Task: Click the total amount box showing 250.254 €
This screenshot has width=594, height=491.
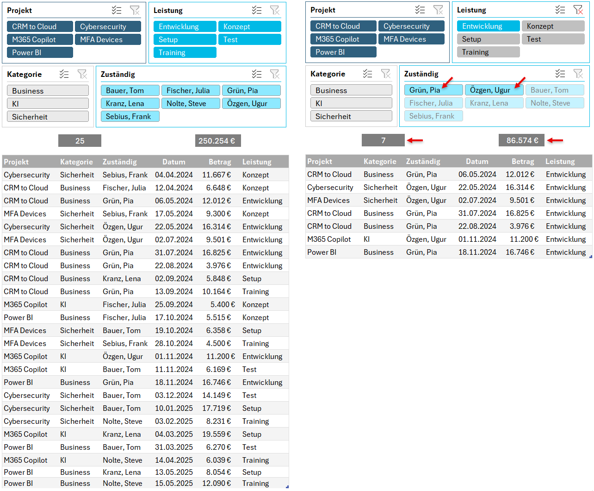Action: point(217,141)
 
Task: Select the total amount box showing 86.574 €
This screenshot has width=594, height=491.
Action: point(521,140)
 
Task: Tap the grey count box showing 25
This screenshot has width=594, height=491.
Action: point(80,141)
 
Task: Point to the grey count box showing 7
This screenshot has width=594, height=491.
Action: point(383,140)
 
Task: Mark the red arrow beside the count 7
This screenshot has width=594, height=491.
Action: point(415,140)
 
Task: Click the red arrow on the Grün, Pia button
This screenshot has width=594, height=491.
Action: point(447,82)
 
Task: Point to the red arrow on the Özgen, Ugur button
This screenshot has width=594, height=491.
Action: point(520,82)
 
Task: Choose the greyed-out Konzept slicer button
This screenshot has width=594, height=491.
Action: point(553,26)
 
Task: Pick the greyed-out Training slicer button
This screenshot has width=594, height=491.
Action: point(488,52)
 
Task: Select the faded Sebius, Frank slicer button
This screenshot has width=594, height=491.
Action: point(433,116)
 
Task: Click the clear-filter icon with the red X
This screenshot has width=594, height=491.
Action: point(578,10)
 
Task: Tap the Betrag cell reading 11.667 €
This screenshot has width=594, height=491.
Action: point(216,175)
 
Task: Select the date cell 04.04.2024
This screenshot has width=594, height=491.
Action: point(174,175)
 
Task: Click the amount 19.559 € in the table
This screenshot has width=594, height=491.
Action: point(216,434)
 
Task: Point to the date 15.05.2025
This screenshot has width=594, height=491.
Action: point(174,483)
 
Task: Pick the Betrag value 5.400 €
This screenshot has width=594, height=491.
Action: point(223,304)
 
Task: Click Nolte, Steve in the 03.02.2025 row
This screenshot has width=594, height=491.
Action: point(123,421)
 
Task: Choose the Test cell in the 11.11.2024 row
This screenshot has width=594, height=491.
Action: point(249,369)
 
